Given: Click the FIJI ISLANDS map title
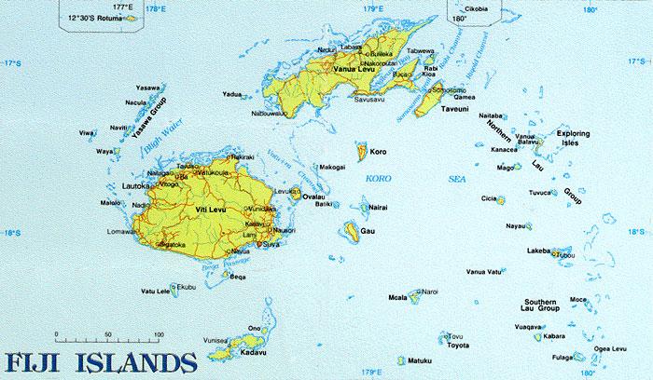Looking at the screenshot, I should tap(100, 360).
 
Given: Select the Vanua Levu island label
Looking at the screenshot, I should tap(354, 71).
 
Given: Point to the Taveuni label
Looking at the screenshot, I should tap(454, 109).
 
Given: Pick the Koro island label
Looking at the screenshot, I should tap(378, 151).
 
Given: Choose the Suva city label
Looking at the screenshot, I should tap(271, 246).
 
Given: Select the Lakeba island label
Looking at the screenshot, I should tap(537, 251).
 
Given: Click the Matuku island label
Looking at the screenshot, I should tap(423, 359).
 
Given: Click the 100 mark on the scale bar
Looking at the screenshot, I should tap(159, 333).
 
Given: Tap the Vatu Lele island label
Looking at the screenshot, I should tap(155, 292).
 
